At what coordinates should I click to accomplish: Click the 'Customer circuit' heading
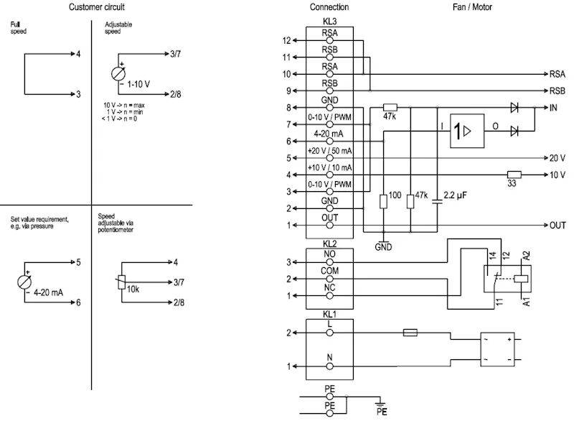point(97,7)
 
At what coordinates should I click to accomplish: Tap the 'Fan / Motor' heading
point(472,7)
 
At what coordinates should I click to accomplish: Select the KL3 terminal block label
point(329,22)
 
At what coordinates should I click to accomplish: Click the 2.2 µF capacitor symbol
point(437,201)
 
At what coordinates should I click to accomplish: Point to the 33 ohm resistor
point(514,175)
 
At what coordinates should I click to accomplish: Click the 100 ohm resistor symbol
point(383,202)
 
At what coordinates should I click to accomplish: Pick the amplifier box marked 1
point(467,131)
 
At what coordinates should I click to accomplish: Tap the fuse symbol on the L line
point(410,333)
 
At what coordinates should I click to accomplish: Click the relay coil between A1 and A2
point(521,279)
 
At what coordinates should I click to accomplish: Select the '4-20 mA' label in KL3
point(329,134)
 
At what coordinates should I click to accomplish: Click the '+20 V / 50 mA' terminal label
point(329,151)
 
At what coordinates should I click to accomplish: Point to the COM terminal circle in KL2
point(330,279)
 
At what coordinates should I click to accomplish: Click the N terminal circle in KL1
point(330,366)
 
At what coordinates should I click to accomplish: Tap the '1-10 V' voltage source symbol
point(118,74)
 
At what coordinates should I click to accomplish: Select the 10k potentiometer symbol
point(122,282)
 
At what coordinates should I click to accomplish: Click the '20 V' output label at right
point(557,158)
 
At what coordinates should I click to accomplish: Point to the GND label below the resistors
point(383,247)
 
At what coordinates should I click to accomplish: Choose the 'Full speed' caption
point(19,28)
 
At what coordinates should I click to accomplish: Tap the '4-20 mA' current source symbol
point(24,282)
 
